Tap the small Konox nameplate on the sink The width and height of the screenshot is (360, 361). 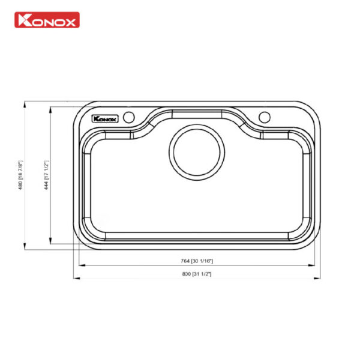click(104, 118)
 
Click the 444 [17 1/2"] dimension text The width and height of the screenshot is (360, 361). click(46, 174)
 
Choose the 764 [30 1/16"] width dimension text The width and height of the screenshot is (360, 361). click(197, 261)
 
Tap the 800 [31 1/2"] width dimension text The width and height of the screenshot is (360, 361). click(197, 274)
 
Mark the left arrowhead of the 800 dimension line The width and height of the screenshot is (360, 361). click(76, 278)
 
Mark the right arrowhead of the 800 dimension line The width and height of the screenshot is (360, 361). click(318, 278)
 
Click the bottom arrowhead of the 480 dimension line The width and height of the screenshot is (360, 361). click(25, 246)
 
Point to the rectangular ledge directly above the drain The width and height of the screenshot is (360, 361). click(196, 114)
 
